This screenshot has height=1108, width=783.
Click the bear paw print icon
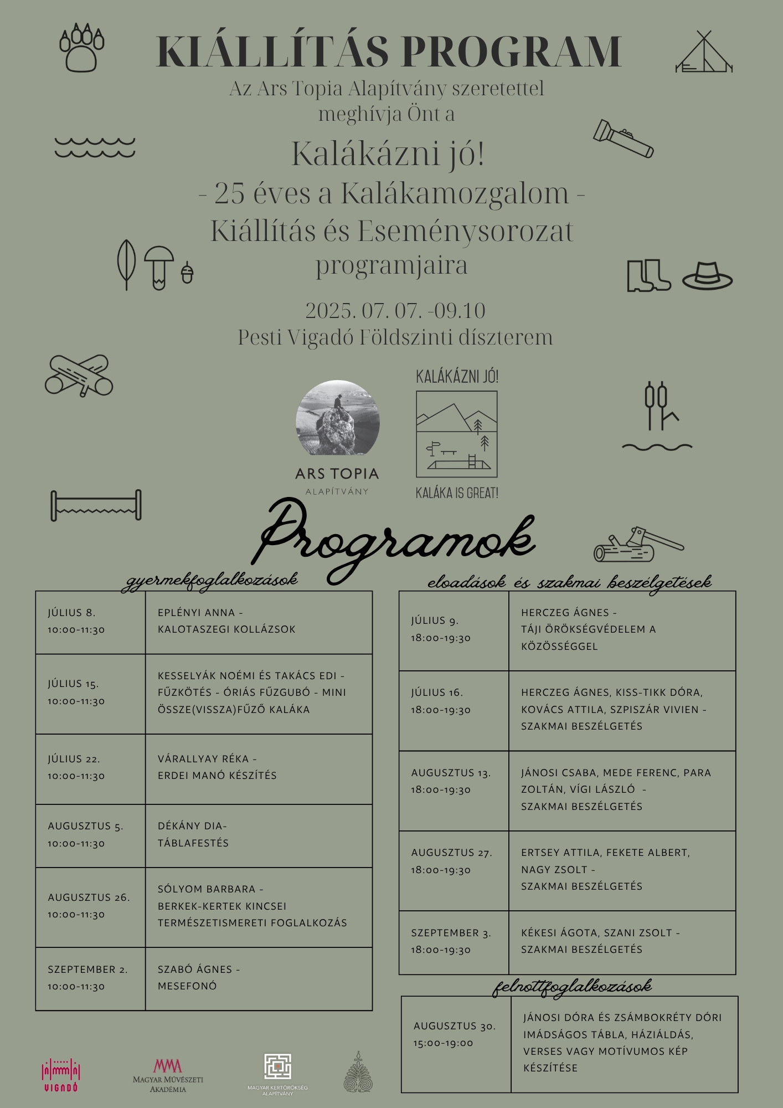pos(81,48)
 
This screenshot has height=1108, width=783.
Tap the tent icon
pos(704,53)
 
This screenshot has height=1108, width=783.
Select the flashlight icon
pos(623,138)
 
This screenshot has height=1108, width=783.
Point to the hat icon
pos(707,275)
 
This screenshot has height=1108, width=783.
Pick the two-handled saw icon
pos(96,505)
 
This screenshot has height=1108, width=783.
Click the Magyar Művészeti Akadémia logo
pos(168,1075)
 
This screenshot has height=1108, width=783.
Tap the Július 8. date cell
pos(90,622)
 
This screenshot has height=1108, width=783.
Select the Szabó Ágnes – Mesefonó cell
pos(259,978)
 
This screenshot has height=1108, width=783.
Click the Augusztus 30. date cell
pos(456,1034)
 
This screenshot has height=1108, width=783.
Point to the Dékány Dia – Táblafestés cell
pos(259,835)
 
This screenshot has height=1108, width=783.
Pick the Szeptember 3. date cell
pos(454,941)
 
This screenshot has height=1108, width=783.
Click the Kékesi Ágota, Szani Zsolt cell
pos(622,941)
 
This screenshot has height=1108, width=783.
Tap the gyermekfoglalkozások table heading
pos(210,580)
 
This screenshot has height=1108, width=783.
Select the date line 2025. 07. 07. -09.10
pos(395,311)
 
